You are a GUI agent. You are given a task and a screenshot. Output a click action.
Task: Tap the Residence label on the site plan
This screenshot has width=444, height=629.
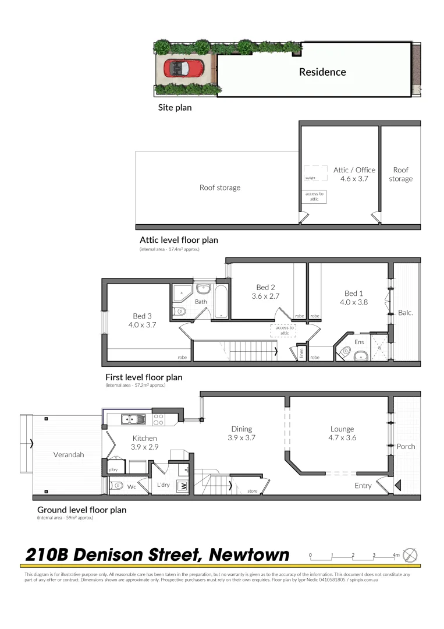coord(322,72)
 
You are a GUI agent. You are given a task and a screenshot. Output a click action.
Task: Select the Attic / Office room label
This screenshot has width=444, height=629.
coord(354,170)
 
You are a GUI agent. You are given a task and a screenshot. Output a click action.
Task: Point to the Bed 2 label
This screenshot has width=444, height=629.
coord(265,287)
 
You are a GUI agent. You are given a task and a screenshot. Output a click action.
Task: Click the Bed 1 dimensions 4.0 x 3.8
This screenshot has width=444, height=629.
coord(354,302)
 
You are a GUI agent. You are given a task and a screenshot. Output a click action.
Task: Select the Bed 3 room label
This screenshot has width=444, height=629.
coord(142,316)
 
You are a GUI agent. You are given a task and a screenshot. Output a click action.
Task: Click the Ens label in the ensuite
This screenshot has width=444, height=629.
coord(359,342)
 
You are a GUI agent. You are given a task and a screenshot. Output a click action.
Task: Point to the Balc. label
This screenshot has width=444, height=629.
coord(405,313)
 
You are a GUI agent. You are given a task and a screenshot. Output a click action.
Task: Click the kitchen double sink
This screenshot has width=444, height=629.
coord(133,419)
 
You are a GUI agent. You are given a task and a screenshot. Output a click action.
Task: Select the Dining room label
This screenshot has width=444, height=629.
coord(241,429)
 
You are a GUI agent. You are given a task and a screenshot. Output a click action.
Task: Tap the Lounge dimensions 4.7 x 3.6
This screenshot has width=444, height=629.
coord(342,437)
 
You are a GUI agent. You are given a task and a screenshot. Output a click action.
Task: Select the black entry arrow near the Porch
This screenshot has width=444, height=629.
coord(398,485)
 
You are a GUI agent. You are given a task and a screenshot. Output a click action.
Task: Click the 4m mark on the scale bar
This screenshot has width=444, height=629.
coord(396,555)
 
